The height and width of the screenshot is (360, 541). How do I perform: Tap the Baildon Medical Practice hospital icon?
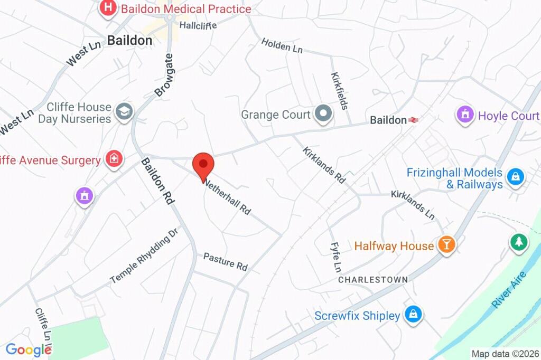pos(108,8)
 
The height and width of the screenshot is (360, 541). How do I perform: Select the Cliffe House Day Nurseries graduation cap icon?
pos(125,112)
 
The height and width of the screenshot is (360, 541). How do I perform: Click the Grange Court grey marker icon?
pos(322,113)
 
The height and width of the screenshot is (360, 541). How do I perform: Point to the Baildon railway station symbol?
pos(413,120)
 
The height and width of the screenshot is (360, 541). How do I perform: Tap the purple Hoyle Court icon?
pos(465,115)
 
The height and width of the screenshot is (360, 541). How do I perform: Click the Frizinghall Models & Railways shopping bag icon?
pos(515,177)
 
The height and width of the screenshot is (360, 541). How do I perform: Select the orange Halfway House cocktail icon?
pos(446,245)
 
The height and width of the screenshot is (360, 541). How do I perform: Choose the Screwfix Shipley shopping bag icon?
pos(413,315)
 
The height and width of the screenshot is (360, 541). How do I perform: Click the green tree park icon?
pos(519,242)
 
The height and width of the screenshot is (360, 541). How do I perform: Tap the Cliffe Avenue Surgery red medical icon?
pos(114,159)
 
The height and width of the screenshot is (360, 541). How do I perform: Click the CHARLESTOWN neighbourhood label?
pos(373,279)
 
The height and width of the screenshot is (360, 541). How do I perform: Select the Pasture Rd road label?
pos(226,261)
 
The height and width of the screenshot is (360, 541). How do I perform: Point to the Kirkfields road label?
pos(339,91)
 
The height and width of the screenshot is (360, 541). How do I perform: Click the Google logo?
pos(28,349)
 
